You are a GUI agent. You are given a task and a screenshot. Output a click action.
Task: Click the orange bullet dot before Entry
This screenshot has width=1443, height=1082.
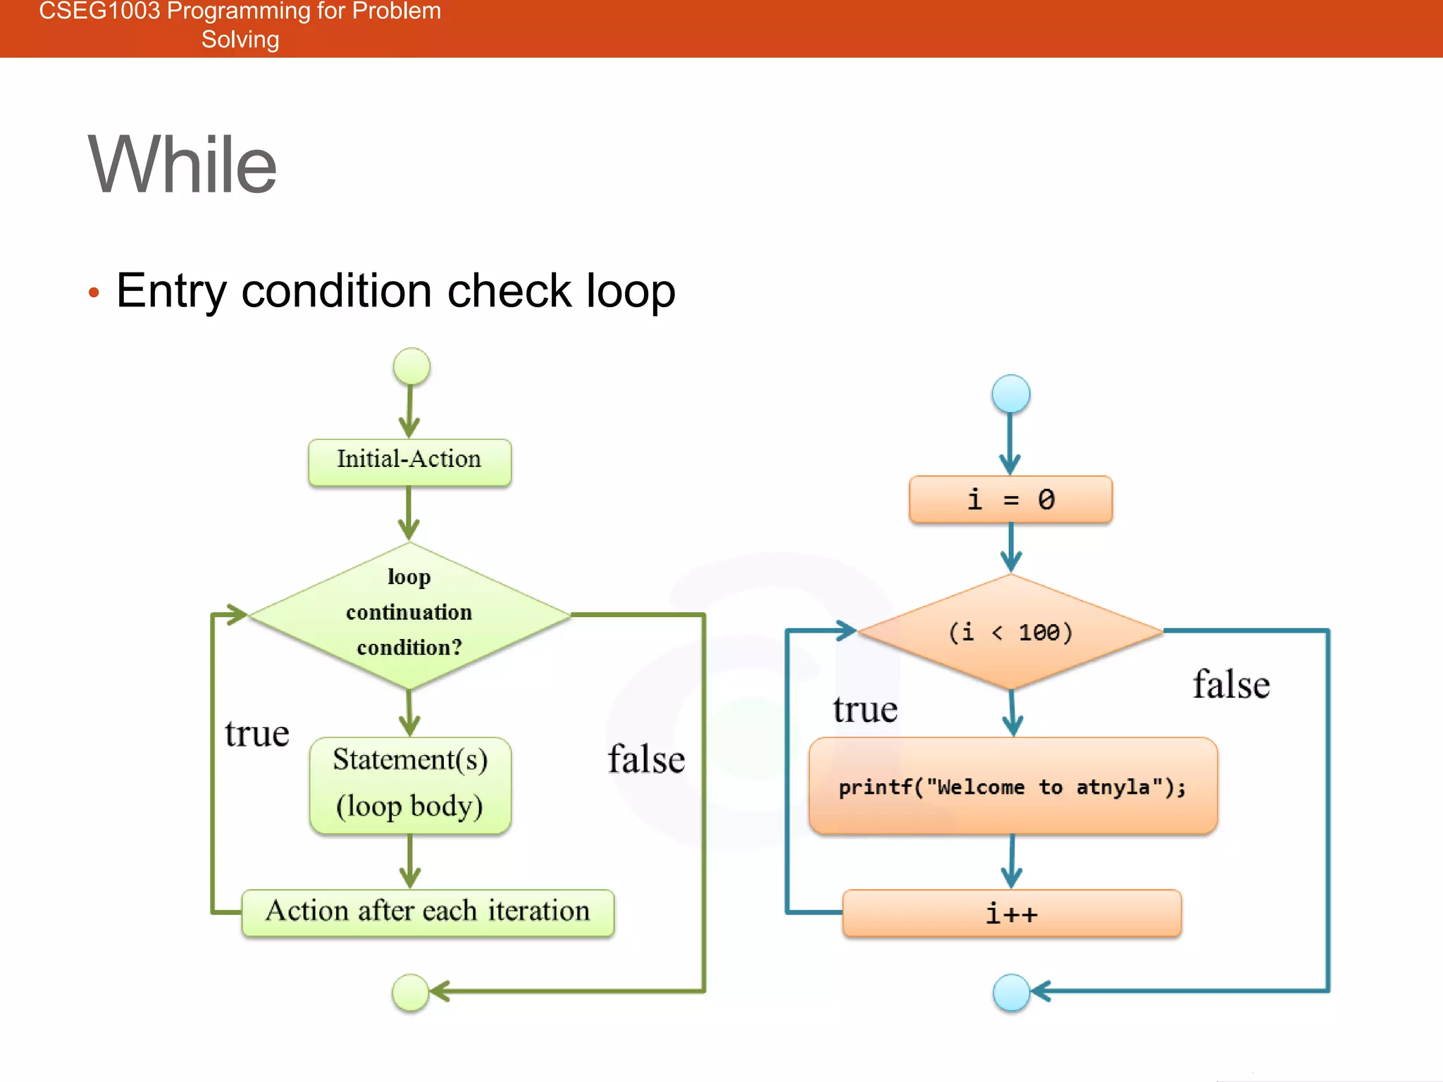[94, 292]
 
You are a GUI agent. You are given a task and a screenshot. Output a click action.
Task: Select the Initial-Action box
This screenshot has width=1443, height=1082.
[409, 461]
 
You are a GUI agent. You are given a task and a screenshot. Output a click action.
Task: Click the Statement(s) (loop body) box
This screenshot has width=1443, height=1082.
[410, 784]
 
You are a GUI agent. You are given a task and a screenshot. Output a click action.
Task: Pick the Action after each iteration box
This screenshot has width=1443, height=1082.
[428, 912]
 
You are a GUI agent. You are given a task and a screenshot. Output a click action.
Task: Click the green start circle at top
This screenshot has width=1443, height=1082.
[411, 366]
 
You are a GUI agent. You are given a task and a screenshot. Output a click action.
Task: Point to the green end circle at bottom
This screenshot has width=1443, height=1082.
[410, 992]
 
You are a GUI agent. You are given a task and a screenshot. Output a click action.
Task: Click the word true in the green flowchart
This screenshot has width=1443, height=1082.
[257, 734]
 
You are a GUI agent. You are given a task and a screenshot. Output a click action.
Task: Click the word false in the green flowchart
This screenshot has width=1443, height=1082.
[646, 759]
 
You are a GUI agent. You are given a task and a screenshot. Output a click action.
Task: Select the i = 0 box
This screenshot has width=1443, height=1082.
[1010, 499]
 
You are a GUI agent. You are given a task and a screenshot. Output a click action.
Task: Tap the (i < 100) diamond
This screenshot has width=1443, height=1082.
[1010, 632]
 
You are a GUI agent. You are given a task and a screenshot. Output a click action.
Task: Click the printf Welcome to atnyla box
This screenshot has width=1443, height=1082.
[1012, 786]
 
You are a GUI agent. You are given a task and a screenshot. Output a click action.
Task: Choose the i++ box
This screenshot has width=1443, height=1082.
[1012, 914]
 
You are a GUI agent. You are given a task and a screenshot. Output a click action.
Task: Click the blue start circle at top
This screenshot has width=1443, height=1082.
[1010, 394]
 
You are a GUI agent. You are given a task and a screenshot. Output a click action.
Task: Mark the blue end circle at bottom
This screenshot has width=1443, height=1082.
[1011, 992]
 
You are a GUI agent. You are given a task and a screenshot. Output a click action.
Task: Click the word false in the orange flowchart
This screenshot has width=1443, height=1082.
[1231, 685]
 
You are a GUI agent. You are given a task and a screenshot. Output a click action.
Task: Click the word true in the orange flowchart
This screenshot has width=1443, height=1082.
[865, 709]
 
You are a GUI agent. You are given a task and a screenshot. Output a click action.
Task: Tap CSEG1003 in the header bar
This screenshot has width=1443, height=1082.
[99, 11]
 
